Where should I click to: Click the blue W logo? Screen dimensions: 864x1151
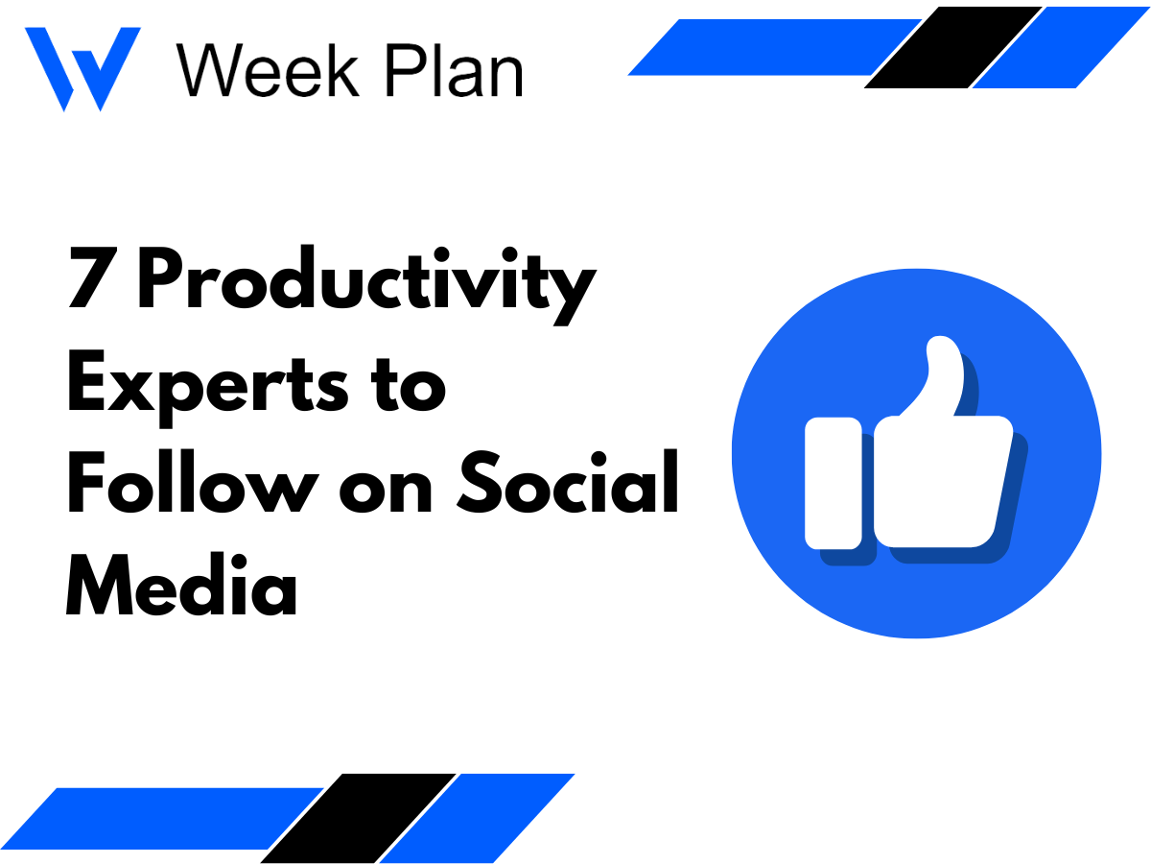pyautogui.click(x=82, y=67)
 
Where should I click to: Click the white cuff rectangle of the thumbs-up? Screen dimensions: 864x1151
pyautogui.click(x=833, y=482)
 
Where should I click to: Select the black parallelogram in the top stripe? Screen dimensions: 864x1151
pyautogui.click(x=953, y=47)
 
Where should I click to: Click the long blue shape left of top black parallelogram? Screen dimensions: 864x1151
pyautogui.click(x=767, y=47)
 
